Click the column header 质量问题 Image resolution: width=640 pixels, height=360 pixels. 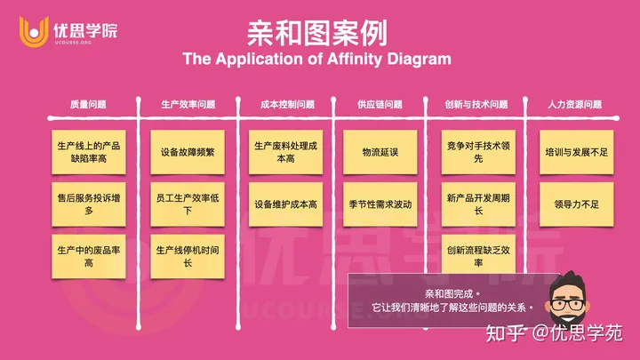coord(88,104)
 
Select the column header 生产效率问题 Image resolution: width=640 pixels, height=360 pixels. coord(188,104)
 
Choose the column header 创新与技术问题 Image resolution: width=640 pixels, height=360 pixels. coord(476,104)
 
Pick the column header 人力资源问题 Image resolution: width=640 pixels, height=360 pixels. coord(575,104)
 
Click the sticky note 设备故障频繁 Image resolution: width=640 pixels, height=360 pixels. coord(188,152)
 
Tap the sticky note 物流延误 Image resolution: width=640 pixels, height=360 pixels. coord(380,152)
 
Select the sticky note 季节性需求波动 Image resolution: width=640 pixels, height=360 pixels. coord(380,204)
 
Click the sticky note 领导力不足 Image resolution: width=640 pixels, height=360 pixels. coord(575,204)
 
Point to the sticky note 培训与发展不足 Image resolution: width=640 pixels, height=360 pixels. coord(575,152)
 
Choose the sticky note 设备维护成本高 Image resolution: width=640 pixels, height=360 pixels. coord(285,204)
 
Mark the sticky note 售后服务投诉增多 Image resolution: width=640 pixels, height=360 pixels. coord(88,204)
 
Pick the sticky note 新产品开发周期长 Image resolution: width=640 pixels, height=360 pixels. coord(477,204)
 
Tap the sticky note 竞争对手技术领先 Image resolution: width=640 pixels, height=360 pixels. coord(477,152)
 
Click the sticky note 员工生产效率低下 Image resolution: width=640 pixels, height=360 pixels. coord(188,204)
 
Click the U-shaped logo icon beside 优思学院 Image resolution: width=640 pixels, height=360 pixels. coord(33,31)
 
